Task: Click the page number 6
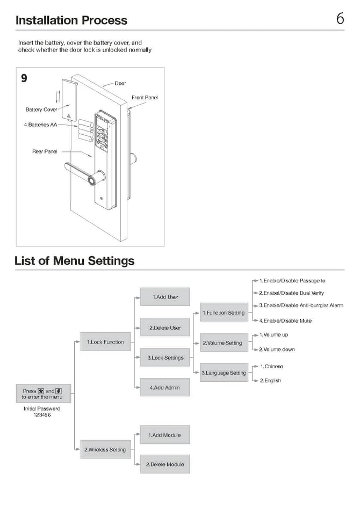coord(340,19)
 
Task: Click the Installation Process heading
coord(71,20)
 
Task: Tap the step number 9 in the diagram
coord(24,78)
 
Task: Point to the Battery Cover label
coord(41,110)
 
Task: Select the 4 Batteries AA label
coord(40,125)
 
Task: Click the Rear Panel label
coord(45,151)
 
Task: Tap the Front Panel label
coord(145,98)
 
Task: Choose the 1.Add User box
coord(165,297)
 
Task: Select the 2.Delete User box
coord(165,327)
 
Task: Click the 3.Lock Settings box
coord(165,358)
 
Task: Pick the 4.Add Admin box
coord(165,388)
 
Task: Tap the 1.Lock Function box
coord(105,342)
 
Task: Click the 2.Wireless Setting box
coord(105,450)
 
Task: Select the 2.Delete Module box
coord(165,464)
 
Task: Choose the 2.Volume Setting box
coord(222,343)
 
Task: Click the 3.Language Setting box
coord(224,373)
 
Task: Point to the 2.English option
coord(270,381)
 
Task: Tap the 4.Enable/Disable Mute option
coord(285,320)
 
